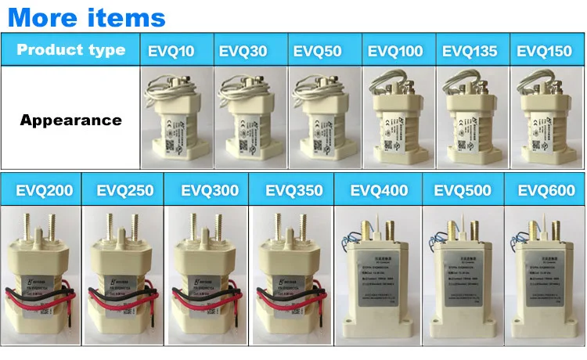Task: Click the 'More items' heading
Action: [86, 16]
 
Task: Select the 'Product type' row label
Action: [70, 50]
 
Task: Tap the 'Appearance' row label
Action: [70, 121]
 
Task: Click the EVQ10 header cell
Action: [171, 52]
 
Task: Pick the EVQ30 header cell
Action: [243, 52]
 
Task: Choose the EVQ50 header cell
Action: [317, 52]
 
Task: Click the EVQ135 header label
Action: [470, 52]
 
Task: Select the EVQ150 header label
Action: [545, 52]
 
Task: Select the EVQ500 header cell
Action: [463, 190]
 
